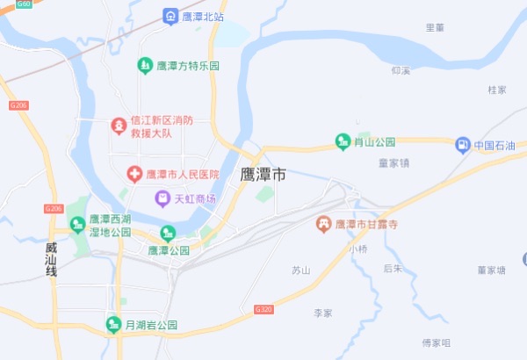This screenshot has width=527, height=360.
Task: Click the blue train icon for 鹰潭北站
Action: point(170,16)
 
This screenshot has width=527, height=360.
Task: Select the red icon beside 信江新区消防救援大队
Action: point(117,126)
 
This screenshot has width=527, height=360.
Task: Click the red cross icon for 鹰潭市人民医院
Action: point(134,175)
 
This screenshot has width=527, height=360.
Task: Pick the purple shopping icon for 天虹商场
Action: point(162,199)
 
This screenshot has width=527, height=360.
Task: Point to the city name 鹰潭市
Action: point(263,175)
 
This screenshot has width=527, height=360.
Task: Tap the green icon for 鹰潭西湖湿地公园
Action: point(77,225)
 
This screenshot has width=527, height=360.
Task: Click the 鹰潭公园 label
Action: point(169,250)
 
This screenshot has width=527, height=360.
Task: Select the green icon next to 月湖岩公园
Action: point(112,324)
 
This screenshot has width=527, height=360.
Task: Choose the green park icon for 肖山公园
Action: point(343,141)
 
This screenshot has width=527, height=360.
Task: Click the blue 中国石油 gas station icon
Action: point(462,145)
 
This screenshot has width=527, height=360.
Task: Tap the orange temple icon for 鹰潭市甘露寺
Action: point(323,225)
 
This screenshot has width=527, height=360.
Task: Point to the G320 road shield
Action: point(263,310)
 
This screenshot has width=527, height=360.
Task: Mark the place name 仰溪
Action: point(401,69)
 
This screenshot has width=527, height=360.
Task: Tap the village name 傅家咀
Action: point(436,342)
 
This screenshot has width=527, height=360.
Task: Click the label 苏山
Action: point(301,270)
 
